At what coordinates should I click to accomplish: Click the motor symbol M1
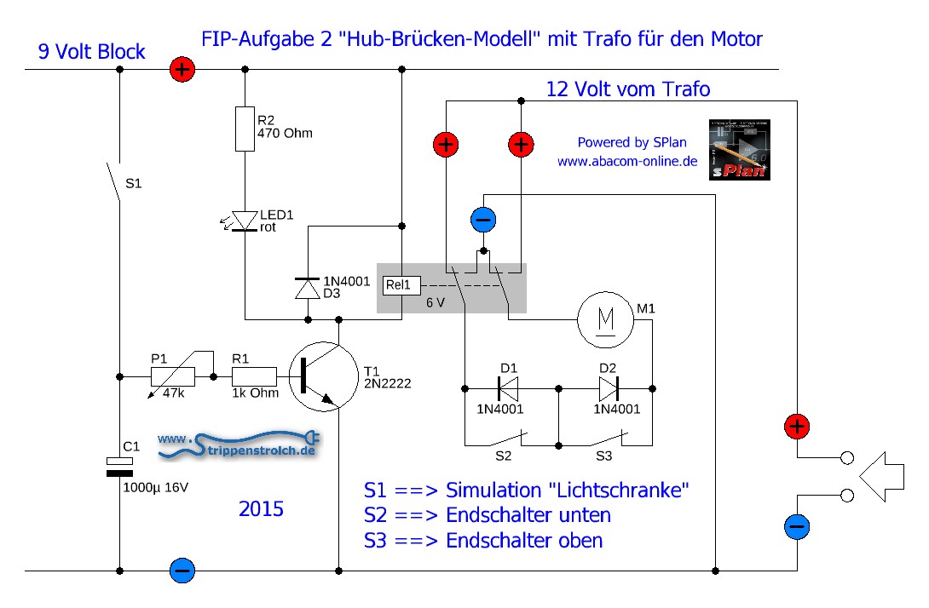607,319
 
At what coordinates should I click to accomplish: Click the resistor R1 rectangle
254,376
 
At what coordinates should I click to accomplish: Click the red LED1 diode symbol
245,221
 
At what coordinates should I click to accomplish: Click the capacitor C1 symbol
119,466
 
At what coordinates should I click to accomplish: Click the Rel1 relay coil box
397,285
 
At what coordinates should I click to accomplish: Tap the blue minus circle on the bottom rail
182,571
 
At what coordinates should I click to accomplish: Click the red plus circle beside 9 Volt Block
182,70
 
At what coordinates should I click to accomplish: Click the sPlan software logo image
740,149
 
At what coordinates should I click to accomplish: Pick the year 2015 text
262,509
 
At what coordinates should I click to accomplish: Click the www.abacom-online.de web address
626,160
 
